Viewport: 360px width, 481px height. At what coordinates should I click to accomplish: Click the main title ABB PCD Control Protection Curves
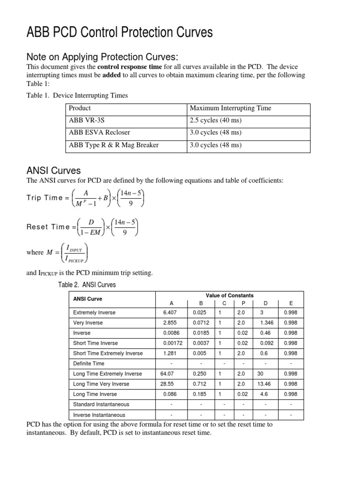pos(120,32)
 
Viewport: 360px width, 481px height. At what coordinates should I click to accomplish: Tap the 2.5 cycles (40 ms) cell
pos(215,120)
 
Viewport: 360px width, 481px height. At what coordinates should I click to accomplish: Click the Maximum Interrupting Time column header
pos(230,108)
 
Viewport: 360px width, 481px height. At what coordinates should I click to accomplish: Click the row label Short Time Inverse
pos(96,343)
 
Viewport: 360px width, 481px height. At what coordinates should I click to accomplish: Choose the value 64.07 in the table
pos(168,374)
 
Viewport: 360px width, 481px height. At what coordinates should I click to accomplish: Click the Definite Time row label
pos(89,364)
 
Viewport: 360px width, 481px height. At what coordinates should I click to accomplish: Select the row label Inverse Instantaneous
pos(99,415)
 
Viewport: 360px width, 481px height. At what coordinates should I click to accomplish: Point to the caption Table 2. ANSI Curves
pos(86,285)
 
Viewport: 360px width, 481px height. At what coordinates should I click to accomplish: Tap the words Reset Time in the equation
pos(47,227)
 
